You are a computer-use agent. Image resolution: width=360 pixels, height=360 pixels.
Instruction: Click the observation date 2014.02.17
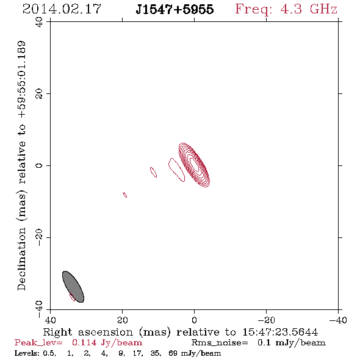pos(62,9)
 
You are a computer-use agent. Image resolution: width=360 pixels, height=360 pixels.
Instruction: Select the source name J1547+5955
pos(175,9)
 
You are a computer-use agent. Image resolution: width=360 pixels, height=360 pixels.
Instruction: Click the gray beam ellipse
pos(73,287)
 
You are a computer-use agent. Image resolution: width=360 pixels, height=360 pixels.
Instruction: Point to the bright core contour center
pos(194,165)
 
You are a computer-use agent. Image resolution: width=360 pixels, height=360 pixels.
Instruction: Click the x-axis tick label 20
pos(123,320)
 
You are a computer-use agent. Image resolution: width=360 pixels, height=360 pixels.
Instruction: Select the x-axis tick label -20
pos(266,320)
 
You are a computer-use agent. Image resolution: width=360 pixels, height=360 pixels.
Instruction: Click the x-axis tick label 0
pos(194,320)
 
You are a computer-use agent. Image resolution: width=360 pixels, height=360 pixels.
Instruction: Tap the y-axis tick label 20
pos(39,94)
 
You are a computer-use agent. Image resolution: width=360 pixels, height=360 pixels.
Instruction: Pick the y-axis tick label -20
pos(39,237)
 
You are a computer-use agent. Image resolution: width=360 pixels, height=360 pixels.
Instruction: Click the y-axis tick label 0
pos(39,165)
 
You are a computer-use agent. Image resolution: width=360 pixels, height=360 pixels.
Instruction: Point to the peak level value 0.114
pos(84,342)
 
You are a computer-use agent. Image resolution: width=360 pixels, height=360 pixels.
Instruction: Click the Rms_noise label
pos(220,343)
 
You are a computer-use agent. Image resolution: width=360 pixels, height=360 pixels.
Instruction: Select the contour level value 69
pos(173,353)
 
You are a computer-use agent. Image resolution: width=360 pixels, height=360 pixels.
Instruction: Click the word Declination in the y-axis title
pos(21,259)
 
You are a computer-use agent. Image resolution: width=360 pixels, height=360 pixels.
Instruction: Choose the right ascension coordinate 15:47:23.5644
pos(280,332)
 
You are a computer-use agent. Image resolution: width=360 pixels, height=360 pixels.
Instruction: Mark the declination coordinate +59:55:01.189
pos(21,79)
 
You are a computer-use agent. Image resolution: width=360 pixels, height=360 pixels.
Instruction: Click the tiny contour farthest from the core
pos(125,195)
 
